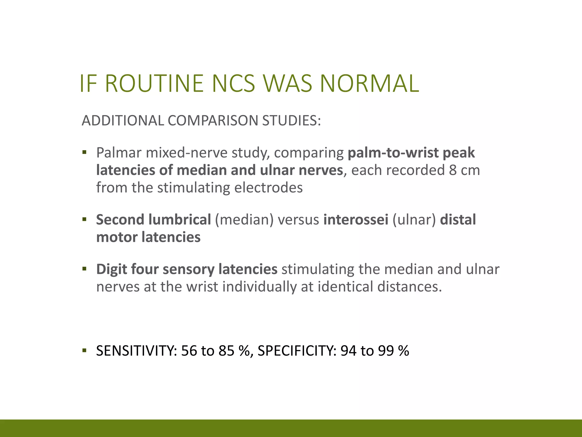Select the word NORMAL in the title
(x=369, y=83)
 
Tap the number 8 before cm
(x=453, y=170)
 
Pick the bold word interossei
(x=356, y=220)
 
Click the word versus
(x=298, y=220)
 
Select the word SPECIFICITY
(x=297, y=351)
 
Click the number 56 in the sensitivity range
(x=189, y=351)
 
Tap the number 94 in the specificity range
(x=348, y=351)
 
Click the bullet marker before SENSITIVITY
(x=84, y=350)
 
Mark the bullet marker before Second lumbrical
(x=84, y=219)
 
